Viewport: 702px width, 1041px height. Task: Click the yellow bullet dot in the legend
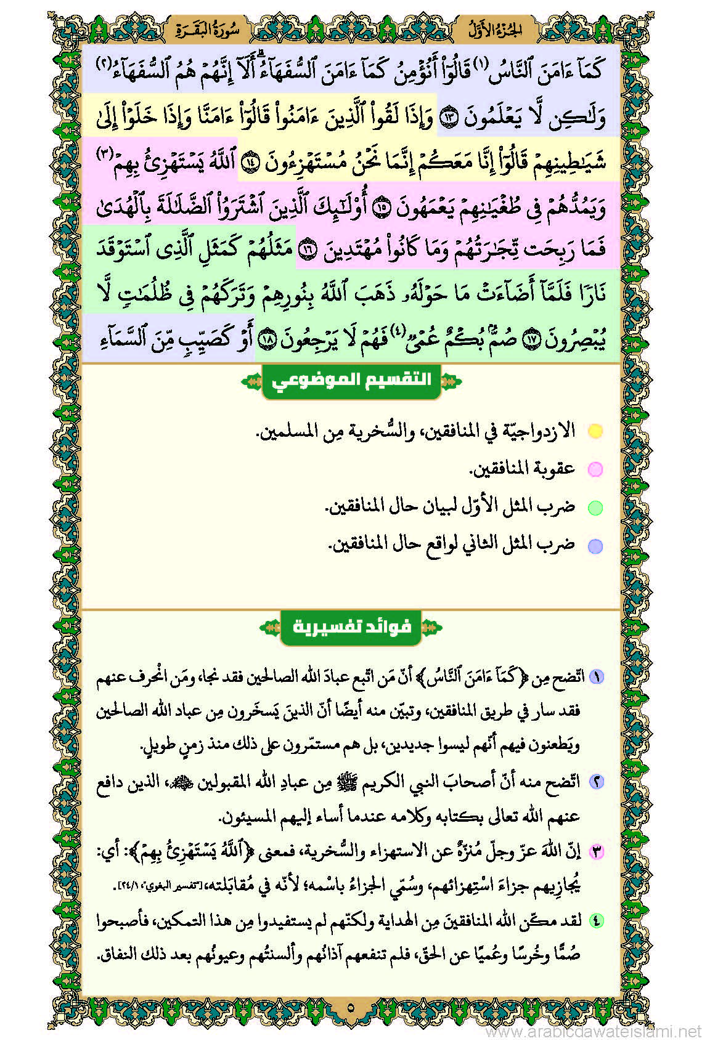[x=595, y=431]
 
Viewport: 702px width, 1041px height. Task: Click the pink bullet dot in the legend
[x=595, y=469]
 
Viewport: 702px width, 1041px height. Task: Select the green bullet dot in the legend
[x=595, y=508]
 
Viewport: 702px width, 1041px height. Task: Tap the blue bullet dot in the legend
[x=595, y=546]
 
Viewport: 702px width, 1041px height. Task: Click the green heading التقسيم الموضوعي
[x=351, y=379]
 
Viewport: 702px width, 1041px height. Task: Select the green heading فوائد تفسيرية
[x=351, y=627]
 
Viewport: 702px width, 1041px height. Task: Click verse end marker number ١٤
[x=250, y=161]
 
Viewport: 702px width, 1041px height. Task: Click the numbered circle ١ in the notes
[x=596, y=676]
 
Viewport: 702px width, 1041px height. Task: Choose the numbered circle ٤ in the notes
[x=596, y=920]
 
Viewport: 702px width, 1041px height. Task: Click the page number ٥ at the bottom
[x=351, y=1008]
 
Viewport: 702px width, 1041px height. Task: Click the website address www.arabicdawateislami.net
[x=594, y=1031]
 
